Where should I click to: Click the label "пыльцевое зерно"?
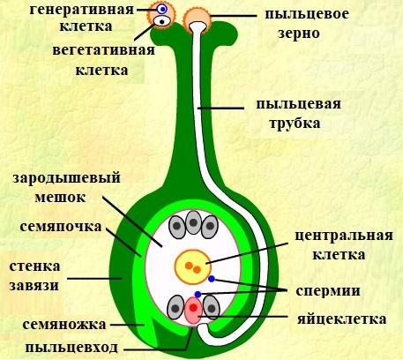(x=307, y=24)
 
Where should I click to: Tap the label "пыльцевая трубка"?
(x=298, y=114)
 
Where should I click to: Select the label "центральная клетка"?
(x=344, y=245)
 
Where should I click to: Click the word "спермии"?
(x=328, y=290)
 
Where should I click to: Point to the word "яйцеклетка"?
(x=341, y=319)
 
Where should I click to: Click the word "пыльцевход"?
(x=71, y=348)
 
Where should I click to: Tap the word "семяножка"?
(x=64, y=325)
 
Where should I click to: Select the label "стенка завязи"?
(x=34, y=276)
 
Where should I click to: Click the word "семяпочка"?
(x=61, y=227)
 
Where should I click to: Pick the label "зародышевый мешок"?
(x=66, y=188)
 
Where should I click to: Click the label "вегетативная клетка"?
(x=103, y=60)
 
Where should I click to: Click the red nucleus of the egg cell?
(x=193, y=308)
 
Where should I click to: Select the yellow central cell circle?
(x=193, y=266)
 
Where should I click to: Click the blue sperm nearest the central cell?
(x=212, y=279)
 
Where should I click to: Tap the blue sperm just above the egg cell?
(x=198, y=294)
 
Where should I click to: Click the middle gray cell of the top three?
(x=193, y=222)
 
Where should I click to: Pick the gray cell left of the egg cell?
(x=175, y=308)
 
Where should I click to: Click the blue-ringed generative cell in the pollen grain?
(x=161, y=9)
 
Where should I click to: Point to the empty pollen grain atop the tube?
(x=197, y=19)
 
